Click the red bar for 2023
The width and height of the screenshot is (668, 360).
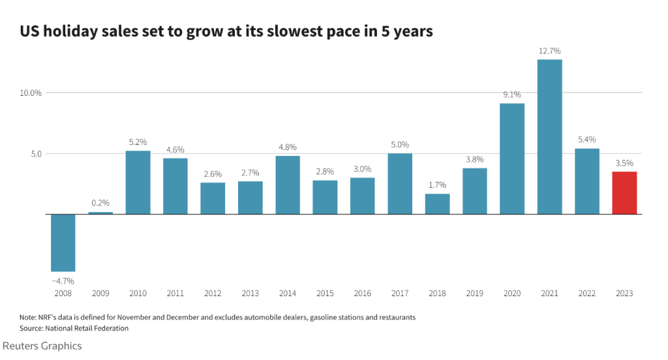coord(624,193)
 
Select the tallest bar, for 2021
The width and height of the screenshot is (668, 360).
coord(549,137)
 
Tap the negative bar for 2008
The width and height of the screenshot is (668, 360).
coord(63,243)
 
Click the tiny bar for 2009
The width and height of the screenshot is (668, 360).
coord(100,213)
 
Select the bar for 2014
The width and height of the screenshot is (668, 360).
coord(288,185)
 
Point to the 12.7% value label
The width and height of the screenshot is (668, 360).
coord(549,51)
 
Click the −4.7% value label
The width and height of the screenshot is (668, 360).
coord(63,280)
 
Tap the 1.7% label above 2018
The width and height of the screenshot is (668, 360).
coord(437,185)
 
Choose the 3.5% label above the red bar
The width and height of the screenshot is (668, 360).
coord(624,163)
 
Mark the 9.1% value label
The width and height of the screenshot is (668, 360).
coord(512,95)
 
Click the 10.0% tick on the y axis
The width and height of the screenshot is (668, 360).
coord(30,93)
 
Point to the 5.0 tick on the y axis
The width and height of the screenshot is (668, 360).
coord(35,154)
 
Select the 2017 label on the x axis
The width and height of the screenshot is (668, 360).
coord(400,294)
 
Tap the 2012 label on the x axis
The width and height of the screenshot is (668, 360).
coord(213,294)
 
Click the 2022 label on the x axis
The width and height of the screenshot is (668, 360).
coord(586,294)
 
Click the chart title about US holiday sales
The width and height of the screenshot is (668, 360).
coord(226,31)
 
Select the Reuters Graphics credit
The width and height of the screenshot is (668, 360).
coord(42,346)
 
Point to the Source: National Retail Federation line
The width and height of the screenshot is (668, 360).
coord(74,328)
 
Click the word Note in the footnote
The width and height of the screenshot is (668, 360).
coord(28,317)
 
